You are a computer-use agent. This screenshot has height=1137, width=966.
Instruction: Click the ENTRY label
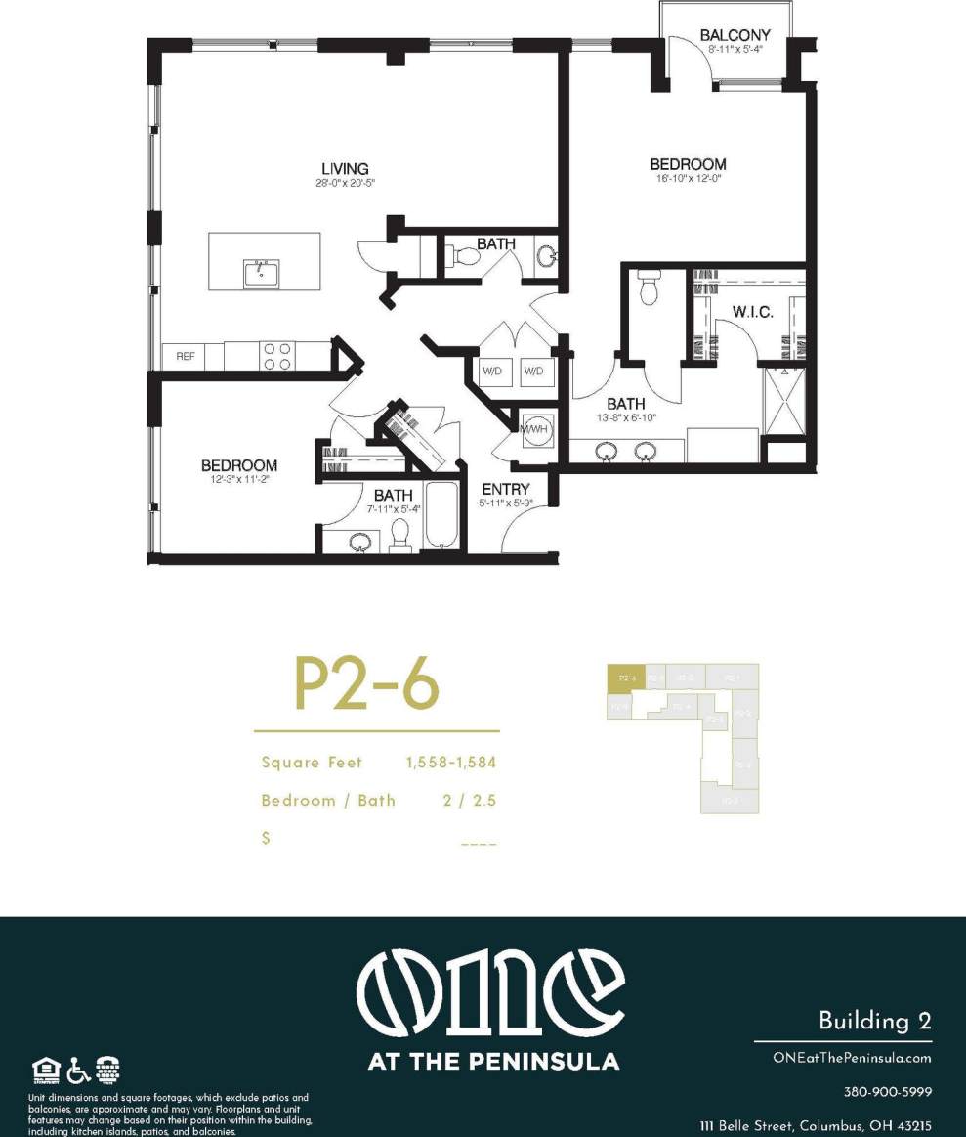click(x=506, y=489)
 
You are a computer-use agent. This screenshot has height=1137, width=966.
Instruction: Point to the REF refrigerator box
click(x=186, y=357)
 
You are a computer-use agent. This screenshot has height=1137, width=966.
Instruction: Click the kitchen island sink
click(x=261, y=273)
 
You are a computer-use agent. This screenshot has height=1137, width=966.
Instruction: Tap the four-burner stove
click(x=277, y=356)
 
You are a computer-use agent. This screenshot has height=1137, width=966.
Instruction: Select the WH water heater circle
click(x=533, y=431)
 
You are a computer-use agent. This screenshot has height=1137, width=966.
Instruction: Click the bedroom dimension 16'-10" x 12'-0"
click(x=688, y=178)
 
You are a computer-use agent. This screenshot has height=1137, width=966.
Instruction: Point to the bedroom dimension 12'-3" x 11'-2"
click(x=238, y=480)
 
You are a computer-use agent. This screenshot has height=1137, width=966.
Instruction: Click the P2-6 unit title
click(x=366, y=685)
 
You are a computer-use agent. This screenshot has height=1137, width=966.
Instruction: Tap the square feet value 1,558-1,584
click(x=451, y=763)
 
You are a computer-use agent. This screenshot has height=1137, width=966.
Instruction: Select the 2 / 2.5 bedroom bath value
click(x=470, y=801)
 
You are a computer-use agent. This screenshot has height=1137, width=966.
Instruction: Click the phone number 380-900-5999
click(x=887, y=1092)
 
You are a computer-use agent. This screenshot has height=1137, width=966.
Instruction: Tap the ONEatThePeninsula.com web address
click(x=852, y=1058)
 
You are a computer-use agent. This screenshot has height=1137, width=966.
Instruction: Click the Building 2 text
click(x=874, y=1022)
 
